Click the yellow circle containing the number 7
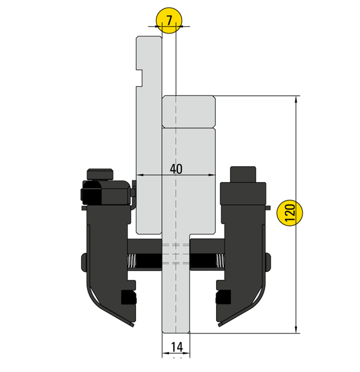(168, 21)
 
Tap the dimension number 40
(176, 169)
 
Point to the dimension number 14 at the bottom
(176, 346)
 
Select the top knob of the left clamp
(100, 173)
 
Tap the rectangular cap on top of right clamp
(243, 174)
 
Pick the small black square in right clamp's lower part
(224, 297)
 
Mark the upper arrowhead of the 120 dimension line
(297, 99)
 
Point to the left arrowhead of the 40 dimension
(139, 175)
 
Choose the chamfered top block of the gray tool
(188, 111)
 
